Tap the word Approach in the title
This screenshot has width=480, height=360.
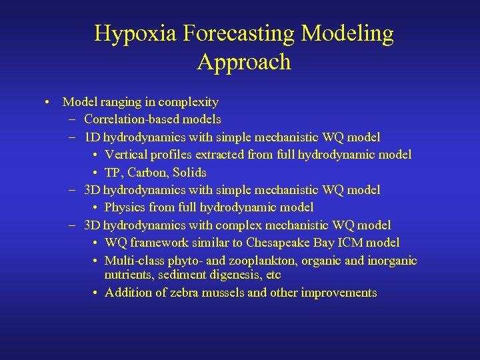(x=244, y=62)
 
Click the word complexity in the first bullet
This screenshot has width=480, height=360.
(x=185, y=102)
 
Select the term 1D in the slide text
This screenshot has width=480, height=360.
(x=92, y=137)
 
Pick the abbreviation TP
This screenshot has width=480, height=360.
(x=113, y=172)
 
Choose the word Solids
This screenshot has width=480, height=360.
(x=189, y=172)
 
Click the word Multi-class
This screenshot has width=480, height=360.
(x=134, y=261)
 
